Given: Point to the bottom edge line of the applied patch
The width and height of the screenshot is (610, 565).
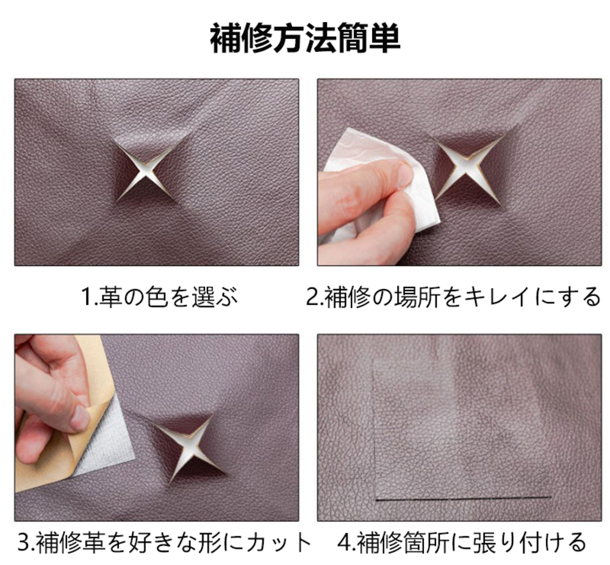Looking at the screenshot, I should point(464,498).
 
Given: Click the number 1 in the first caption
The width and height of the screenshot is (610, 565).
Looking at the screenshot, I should point(85,297).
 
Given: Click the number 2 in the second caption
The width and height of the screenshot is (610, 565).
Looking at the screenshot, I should point(312,297).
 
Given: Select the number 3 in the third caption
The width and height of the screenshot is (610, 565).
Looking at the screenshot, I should point(23,541).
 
